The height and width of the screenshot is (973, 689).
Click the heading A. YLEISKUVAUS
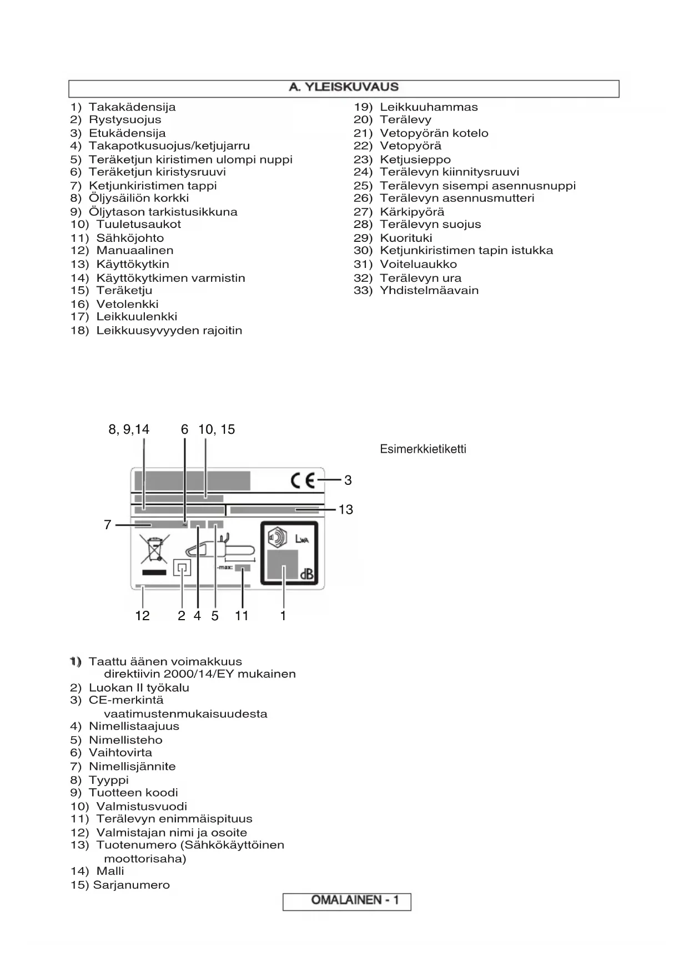click(344, 88)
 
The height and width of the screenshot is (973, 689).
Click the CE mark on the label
click(303, 480)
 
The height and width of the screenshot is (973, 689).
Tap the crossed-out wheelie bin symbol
click(153, 548)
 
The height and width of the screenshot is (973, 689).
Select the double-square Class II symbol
click(182, 568)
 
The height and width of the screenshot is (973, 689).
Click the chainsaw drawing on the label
click(220, 550)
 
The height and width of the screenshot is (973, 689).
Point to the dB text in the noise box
click(307, 575)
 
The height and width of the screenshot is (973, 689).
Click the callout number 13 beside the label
click(346, 509)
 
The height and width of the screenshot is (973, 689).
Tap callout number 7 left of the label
click(108, 525)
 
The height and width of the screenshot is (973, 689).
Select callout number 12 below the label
click(143, 616)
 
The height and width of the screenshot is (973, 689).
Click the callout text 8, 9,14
click(129, 429)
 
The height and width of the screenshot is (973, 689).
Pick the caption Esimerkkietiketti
click(423, 449)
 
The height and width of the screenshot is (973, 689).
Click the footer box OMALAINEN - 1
click(347, 900)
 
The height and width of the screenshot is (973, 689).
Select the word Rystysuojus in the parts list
click(125, 120)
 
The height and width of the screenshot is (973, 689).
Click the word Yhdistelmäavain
click(429, 291)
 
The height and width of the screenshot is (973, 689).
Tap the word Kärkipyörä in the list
click(412, 212)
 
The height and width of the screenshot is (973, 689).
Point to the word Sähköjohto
click(130, 238)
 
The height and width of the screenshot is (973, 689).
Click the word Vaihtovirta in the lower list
click(120, 753)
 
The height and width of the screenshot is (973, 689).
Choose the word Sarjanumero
click(132, 885)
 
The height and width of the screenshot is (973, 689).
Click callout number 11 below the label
click(242, 616)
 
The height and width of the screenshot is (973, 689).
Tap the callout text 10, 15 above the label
click(217, 429)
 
